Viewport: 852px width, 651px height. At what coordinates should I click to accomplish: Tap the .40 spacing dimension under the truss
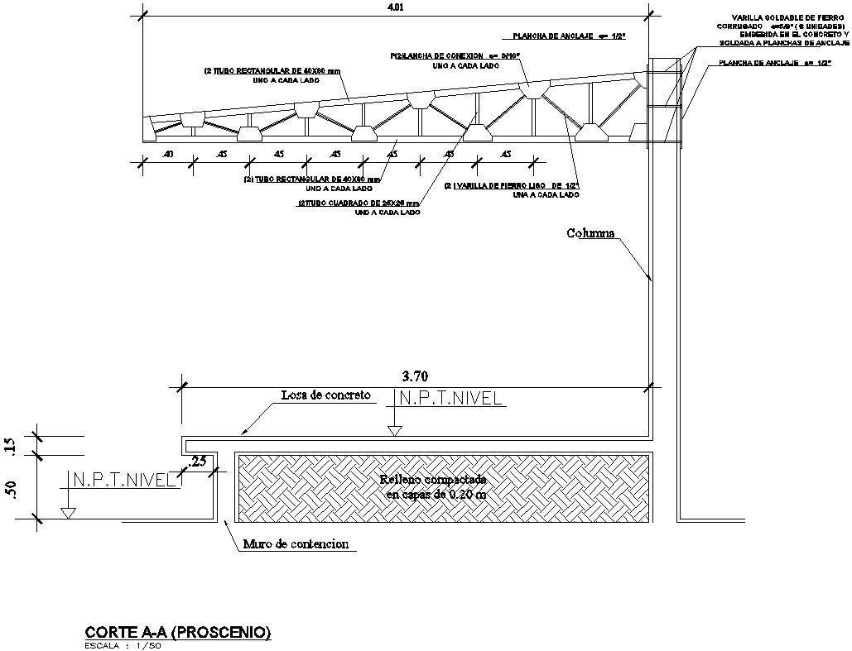pos(168,154)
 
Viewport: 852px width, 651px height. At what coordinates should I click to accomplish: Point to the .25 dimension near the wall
pos(199,461)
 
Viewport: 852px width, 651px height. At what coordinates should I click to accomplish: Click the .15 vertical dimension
pos(10,445)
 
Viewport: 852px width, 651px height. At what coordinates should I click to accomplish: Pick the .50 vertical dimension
pos(10,488)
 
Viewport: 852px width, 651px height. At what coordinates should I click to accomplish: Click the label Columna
pos(590,233)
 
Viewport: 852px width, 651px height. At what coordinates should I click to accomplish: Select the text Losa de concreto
pos(325,395)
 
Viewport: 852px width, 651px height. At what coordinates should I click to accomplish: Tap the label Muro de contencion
pos(296,544)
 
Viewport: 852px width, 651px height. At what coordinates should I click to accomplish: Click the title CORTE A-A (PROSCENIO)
pos(178,633)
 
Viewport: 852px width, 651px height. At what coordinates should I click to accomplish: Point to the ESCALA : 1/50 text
pos(123,645)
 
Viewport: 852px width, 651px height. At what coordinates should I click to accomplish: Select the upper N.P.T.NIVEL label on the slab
pos(450,399)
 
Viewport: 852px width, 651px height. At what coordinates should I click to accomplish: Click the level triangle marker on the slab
pos(395,430)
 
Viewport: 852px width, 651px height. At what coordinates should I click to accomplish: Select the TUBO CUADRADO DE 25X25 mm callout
pos(359,203)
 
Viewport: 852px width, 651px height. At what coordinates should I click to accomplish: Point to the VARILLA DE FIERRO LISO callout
pos(511,186)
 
